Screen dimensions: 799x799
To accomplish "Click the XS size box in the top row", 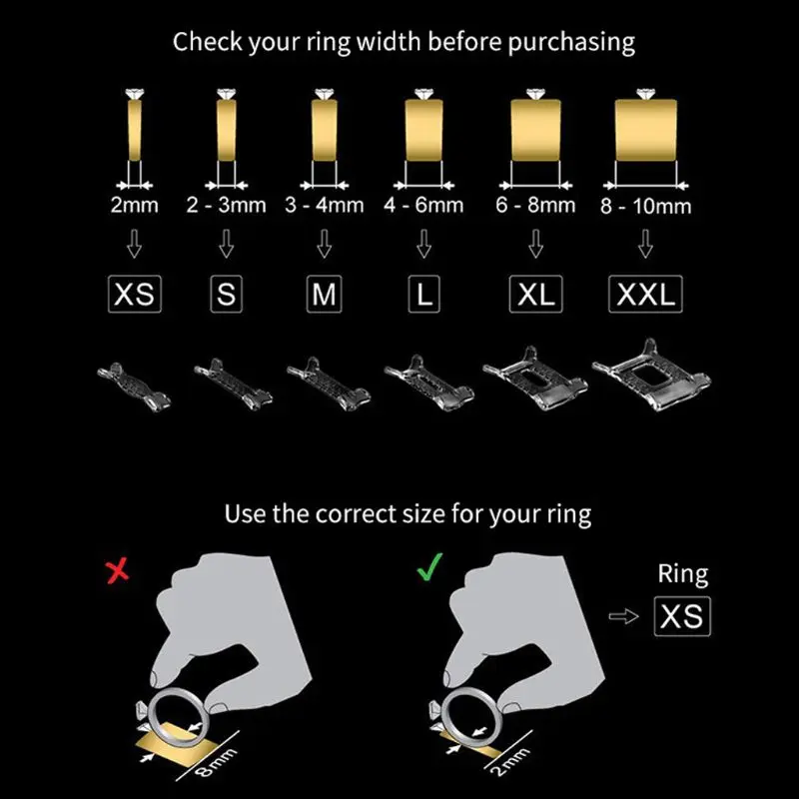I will pyautogui.click(x=134, y=295).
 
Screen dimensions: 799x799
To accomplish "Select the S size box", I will pyautogui.click(x=227, y=295).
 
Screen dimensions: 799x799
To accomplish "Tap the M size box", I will pyautogui.click(x=325, y=295).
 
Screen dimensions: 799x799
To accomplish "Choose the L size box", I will pyautogui.click(x=423, y=295).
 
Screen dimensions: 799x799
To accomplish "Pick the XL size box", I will pyautogui.click(x=536, y=295).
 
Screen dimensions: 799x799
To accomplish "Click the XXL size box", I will pyautogui.click(x=645, y=295).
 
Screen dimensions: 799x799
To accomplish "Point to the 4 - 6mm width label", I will pyautogui.click(x=423, y=206).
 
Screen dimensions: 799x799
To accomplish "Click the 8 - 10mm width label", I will pyautogui.click(x=646, y=207).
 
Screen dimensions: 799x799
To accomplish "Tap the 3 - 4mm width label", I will pyautogui.click(x=325, y=206).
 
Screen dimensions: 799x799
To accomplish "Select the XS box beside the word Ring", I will pyautogui.click(x=682, y=615).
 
